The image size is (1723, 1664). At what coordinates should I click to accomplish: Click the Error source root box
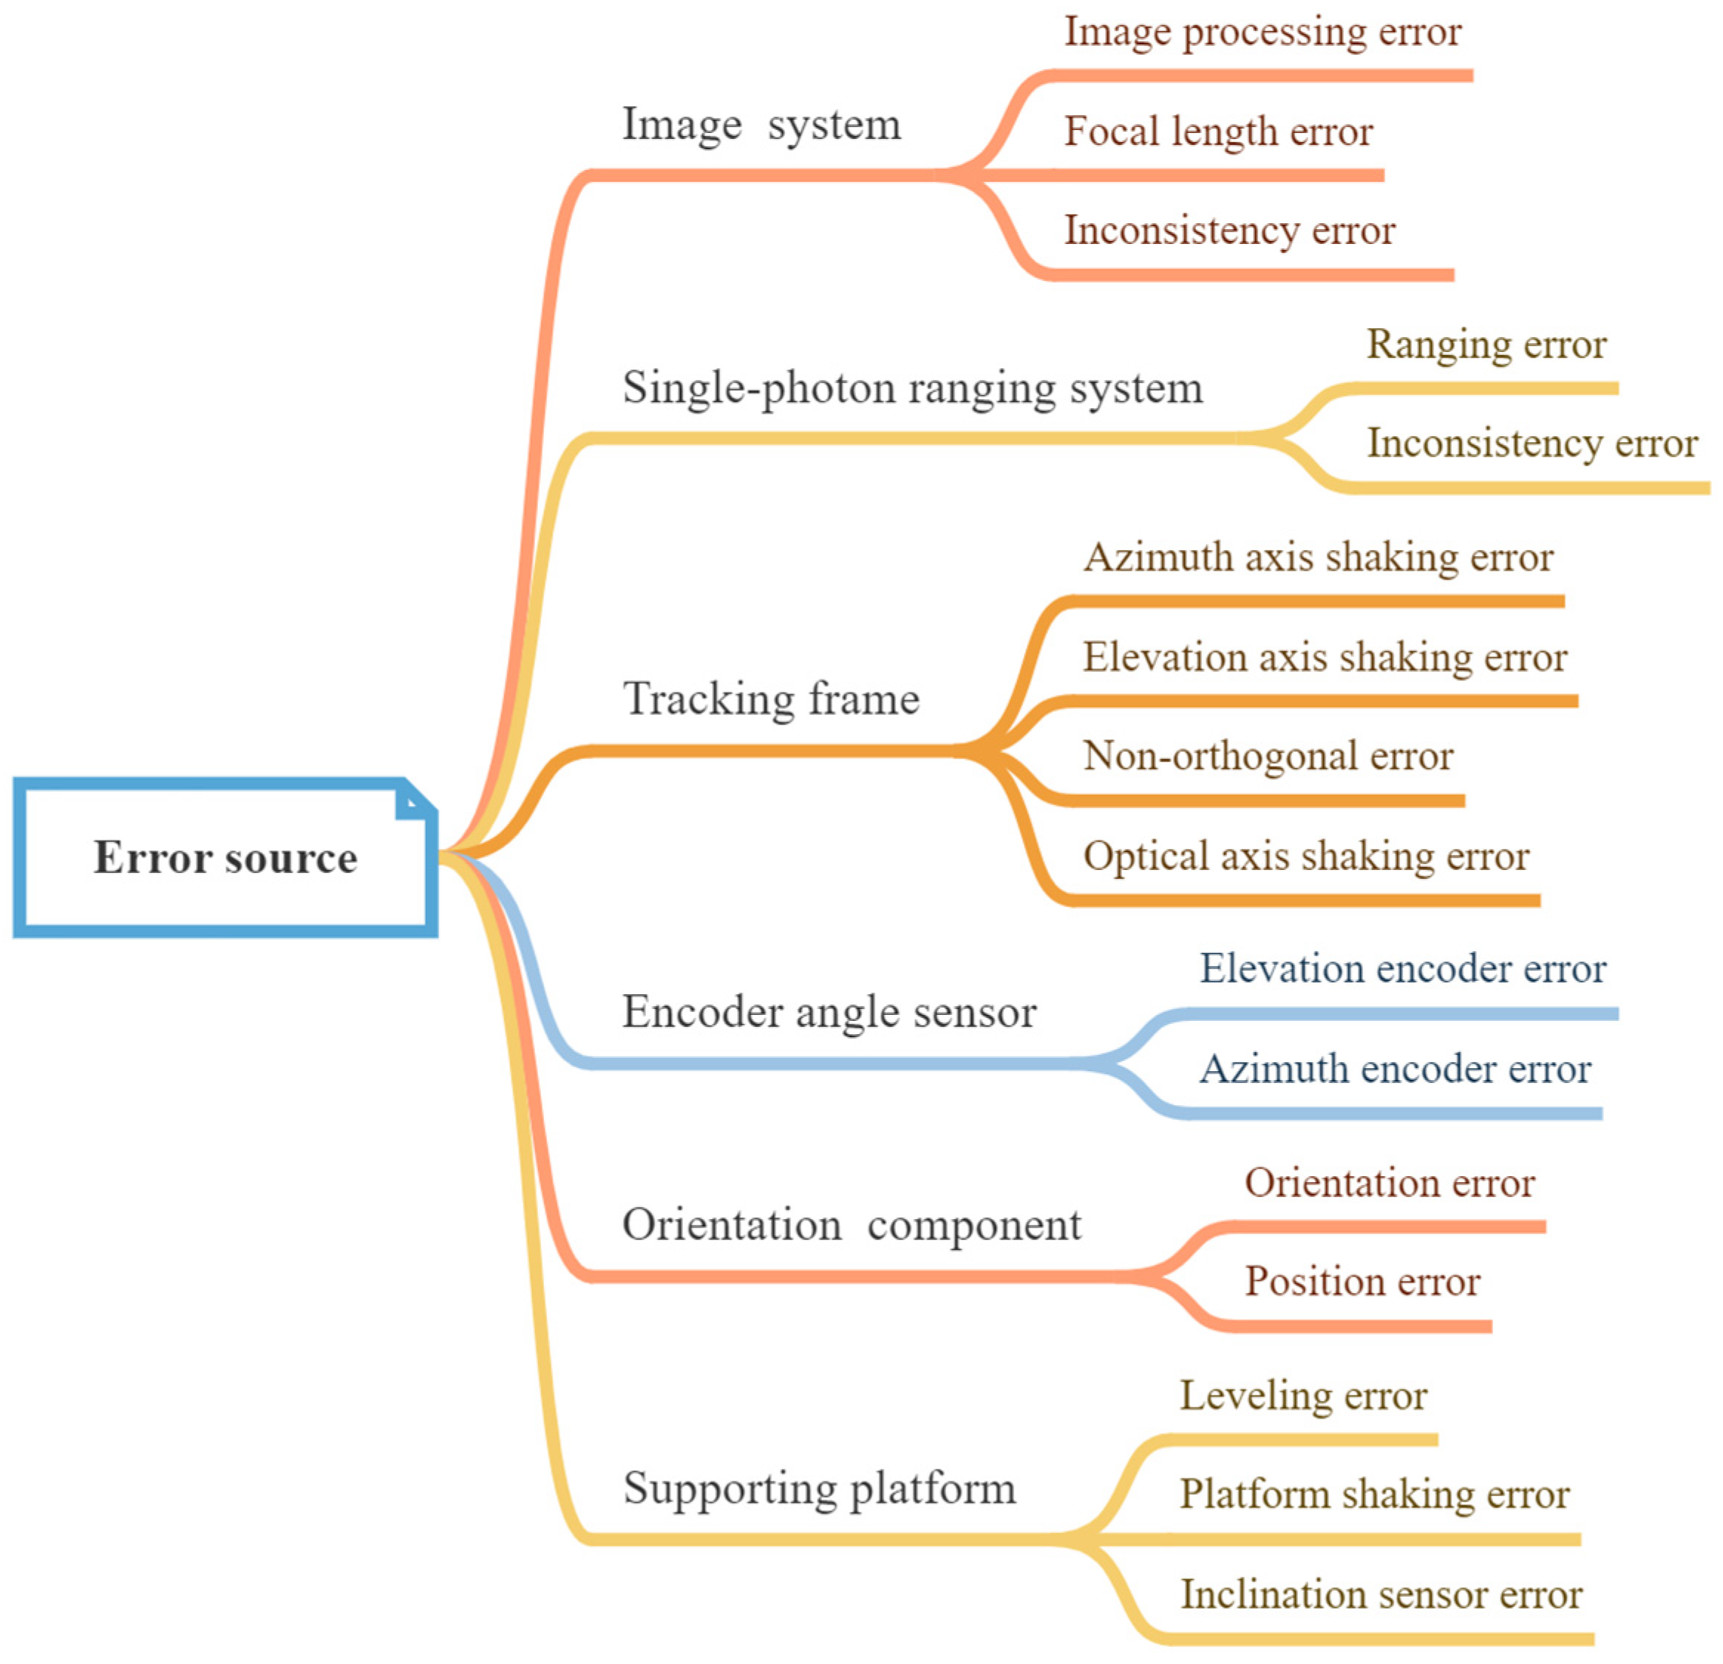(225, 857)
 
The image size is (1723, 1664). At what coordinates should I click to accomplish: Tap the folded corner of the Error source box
(414, 800)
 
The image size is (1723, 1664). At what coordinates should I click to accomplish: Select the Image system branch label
(761, 124)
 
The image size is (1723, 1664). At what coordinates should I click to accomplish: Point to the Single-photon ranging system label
(912, 387)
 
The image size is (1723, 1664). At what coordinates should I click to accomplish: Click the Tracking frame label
(771, 699)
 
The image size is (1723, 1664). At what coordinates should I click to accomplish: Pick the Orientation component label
(851, 1224)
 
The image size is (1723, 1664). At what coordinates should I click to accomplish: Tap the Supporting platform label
(819, 1488)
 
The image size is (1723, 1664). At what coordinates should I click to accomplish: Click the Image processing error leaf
(1262, 33)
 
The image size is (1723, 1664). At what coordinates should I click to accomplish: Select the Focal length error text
(1218, 132)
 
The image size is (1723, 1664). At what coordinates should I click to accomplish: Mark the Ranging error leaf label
(1486, 344)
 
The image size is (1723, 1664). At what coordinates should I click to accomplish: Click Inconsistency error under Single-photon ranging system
(1532, 443)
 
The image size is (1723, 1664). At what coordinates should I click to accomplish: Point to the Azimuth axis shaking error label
(1319, 557)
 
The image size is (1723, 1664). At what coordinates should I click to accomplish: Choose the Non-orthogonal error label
(1268, 756)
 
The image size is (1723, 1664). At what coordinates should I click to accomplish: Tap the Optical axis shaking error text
(1305, 856)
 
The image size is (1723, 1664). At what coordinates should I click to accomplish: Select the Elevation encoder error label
(1403, 968)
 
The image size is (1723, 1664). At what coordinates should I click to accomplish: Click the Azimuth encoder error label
(1395, 1069)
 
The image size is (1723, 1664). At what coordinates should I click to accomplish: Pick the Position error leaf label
(1362, 1282)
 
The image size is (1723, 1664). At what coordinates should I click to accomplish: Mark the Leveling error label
(1303, 1396)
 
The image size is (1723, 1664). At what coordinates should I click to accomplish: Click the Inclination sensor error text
(1380, 1595)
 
